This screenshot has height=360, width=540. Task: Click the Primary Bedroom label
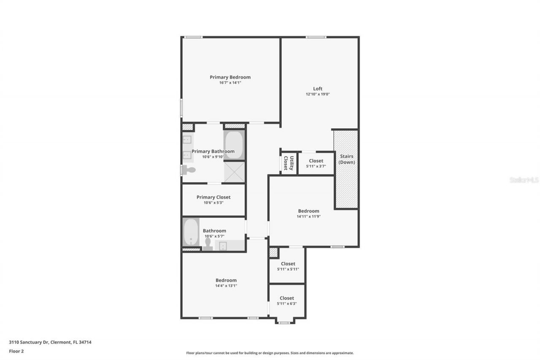(x=230, y=77)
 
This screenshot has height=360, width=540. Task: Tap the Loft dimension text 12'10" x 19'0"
(x=318, y=94)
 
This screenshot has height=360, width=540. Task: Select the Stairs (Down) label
(x=346, y=159)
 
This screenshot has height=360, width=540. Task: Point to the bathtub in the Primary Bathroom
(x=234, y=145)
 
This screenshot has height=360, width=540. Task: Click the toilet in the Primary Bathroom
(x=189, y=170)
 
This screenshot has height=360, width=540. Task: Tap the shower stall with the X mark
(x=234, y=172)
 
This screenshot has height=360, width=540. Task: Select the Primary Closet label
(x=213, y=197)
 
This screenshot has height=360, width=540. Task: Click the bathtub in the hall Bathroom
(x=191, y=232)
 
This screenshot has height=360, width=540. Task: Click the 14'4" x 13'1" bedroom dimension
(x=226, y=286)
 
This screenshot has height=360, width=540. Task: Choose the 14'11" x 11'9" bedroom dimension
(x=309, y=217)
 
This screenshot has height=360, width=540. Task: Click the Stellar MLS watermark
(x=524, y=180)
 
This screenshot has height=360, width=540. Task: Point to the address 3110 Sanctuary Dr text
(x=50, y=342)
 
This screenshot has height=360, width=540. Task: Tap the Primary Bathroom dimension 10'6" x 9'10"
(x=213, y=157)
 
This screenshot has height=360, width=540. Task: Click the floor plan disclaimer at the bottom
(x=270, y=353)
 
